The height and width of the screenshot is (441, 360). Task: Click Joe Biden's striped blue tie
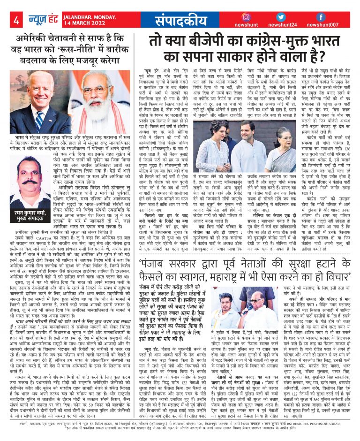[x=38, y=119]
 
